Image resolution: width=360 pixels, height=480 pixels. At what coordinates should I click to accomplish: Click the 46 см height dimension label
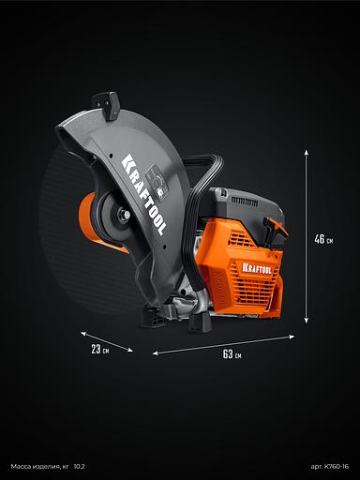[323, 239]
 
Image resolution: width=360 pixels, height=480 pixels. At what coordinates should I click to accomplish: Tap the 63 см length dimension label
[232, 354]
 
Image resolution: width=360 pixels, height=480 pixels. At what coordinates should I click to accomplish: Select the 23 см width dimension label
[100, 349]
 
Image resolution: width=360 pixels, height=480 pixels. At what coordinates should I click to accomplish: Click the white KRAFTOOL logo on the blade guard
[143, 194]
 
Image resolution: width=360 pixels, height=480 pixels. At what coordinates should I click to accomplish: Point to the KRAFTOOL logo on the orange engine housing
[257, 268]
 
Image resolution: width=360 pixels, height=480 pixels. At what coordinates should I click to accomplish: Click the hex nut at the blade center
[123, 215]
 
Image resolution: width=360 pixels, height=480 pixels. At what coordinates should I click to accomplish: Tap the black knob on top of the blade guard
[106, 105]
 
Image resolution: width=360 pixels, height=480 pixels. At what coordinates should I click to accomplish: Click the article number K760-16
[330, 467]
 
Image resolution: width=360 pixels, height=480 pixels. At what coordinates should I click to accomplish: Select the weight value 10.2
[79, 467]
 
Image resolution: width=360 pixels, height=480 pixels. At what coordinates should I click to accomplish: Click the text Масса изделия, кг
[39, 467]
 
